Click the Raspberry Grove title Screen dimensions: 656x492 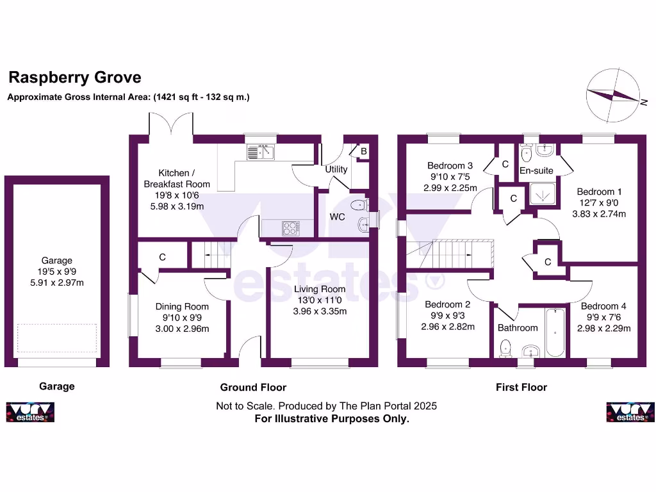75,78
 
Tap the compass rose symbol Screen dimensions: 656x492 613,95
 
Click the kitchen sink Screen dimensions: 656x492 260,152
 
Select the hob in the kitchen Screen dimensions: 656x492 291,228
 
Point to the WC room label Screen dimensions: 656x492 337,217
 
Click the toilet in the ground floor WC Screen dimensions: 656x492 359,205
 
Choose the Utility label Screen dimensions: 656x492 336,169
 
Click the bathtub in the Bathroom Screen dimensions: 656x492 555,332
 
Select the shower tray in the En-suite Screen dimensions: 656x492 543,193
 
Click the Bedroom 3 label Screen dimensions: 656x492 450,166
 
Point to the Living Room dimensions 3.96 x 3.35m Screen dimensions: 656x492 320,311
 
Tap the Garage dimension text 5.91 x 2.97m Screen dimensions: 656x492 57,283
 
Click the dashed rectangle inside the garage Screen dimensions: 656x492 57,338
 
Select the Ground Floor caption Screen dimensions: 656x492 253,388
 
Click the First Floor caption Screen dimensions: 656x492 521,388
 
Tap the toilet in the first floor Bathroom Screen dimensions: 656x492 506,348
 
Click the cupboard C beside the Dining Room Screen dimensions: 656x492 162,257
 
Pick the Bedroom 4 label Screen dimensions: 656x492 603,306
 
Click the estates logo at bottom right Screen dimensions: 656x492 630,412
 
